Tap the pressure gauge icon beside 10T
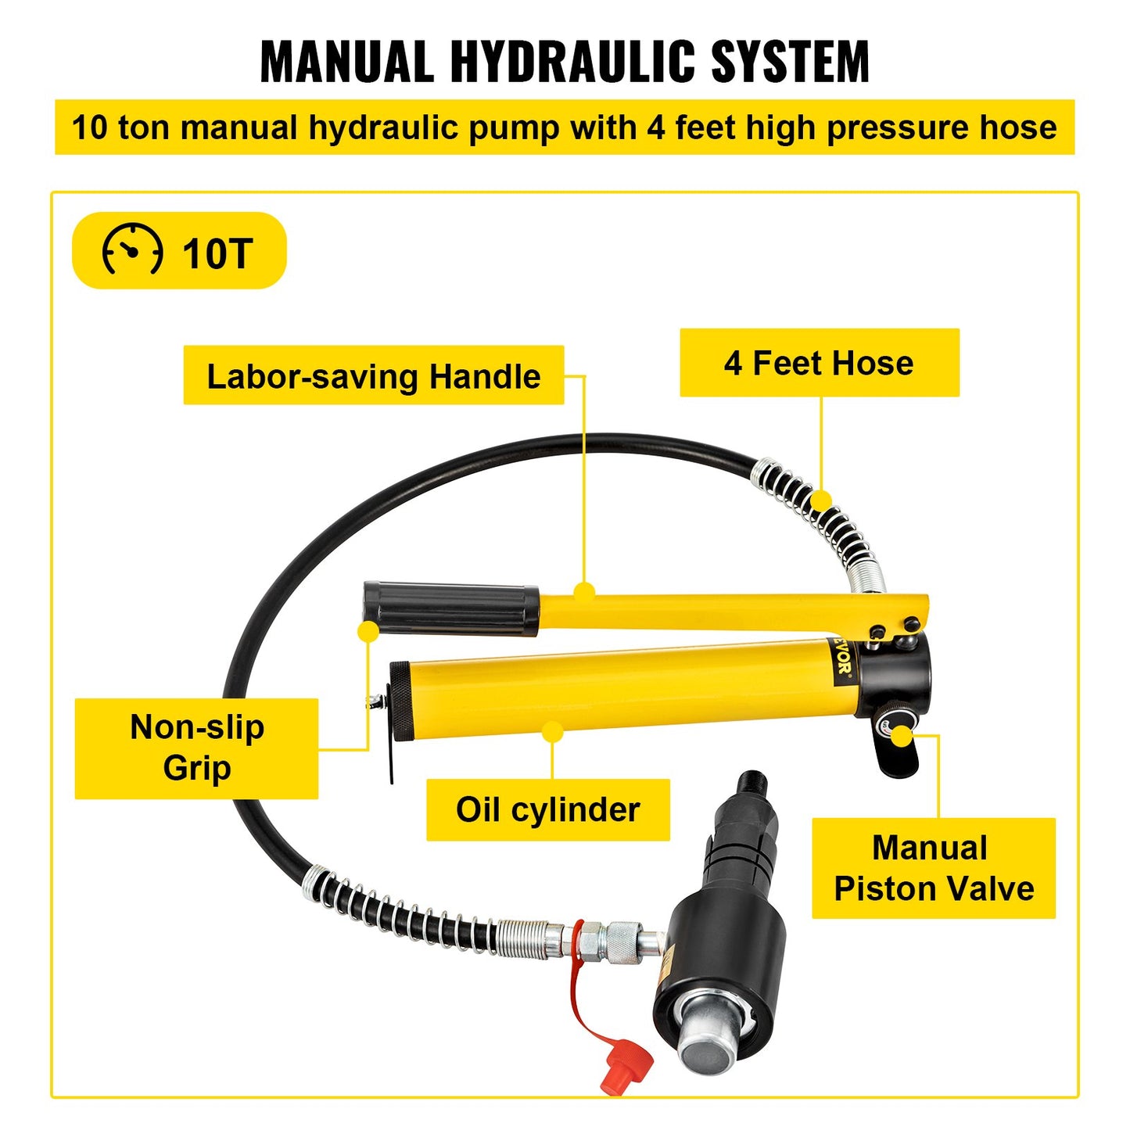(x=132, y=250)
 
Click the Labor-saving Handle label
(x=373, y=376)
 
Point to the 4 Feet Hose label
(x=819, y=363)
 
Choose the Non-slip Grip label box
(x=196, y=748)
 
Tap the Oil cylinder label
(x=547, y=809)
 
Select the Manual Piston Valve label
(x=933, y=868)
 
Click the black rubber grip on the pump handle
(x=451, y=608)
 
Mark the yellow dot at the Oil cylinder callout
(x=552, y=733)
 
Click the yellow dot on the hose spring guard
(x=821, y=500)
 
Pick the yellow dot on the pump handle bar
(x=584, y=592)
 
